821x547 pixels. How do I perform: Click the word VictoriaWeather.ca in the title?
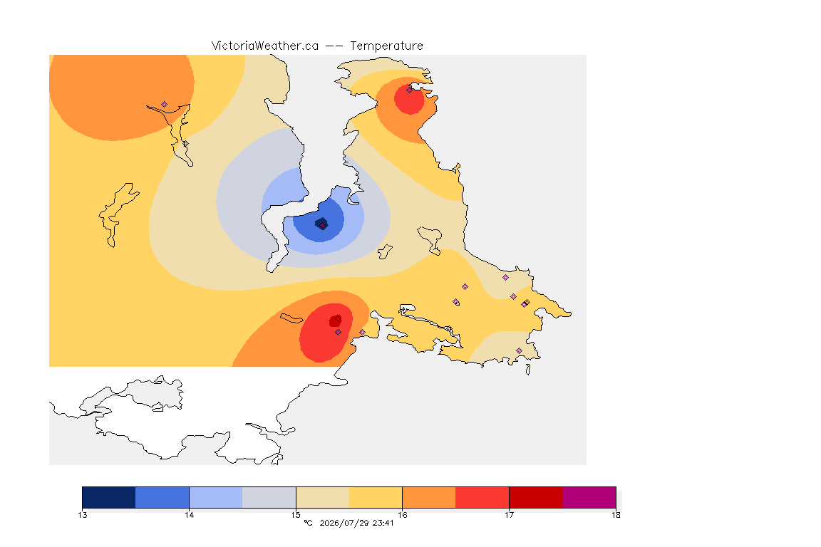click(x=265, y=46)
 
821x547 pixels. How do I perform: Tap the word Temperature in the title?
click(x=386, y=46)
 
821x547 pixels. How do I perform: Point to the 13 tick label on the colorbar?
click(x=83, y=515)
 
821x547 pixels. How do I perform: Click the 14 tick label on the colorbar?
click(x=189, y=515)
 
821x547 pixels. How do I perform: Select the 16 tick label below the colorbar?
click(x=402, y=515)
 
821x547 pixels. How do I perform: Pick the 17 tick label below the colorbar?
click(x=509, y=515)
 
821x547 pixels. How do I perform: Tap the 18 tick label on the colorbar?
click(x=616, y=515)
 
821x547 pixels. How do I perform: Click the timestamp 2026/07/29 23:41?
click(x=356, y=523)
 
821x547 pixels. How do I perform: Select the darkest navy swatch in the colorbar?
click(x=109, y=497)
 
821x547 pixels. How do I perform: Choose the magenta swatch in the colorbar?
click(x=589, y=497)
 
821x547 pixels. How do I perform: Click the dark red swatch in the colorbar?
click(x=536, y=497)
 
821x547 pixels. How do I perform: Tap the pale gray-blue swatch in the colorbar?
click(x=269, y=497)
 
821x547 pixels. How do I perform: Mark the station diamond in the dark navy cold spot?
click(x=323, y=226)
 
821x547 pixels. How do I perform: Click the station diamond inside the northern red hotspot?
click(x=410, y=90)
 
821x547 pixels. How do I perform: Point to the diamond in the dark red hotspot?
click(x=339, y=318)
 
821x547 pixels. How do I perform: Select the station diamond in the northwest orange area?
click(x=165, y=105)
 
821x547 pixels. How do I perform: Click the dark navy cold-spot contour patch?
click(x=321, y=224)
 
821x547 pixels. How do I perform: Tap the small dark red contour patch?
click(x=334, y=321)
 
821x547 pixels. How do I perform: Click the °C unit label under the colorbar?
click(x=308, y=523)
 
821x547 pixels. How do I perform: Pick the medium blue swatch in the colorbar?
click(x=162, y=497)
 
